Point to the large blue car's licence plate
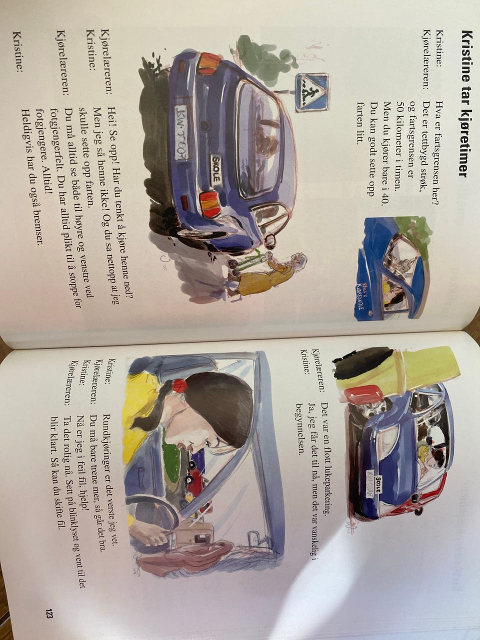[181, 130]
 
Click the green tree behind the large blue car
[262, 61]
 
